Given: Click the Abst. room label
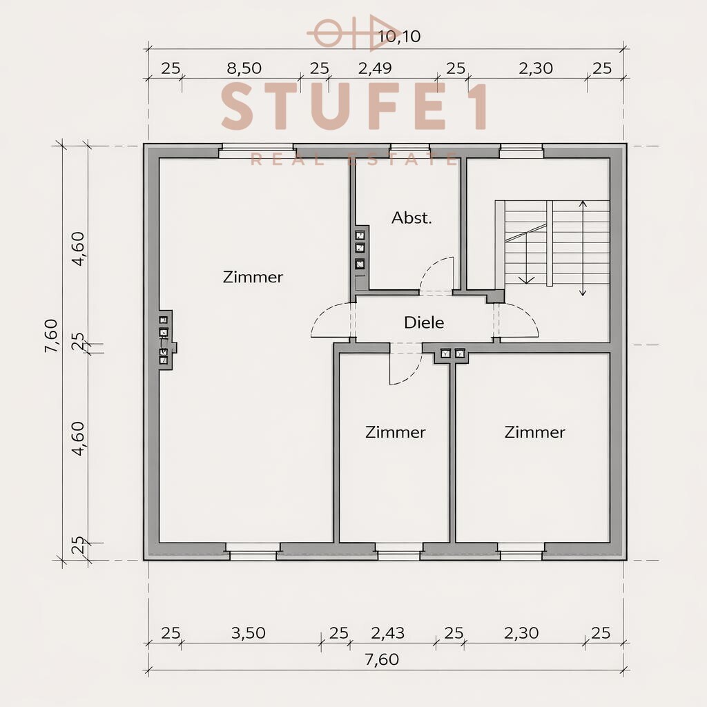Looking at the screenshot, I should coord(411,218).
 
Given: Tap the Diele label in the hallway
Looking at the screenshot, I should coord(424,322).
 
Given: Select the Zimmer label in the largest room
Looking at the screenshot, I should coord(253,277).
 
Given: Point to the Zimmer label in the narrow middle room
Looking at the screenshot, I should coord(395,432).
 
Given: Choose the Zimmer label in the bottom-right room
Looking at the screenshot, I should coord(534,432).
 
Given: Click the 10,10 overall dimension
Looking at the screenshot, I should coord(400,37).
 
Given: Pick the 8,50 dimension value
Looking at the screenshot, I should coord(244,68).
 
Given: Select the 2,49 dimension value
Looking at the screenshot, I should coord(375,68).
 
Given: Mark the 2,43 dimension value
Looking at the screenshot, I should coord(388,633).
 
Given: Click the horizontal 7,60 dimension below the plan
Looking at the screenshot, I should coord(380,659).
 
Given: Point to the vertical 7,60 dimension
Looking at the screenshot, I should coord(52,336).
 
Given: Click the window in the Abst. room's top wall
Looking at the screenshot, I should coord(409,148).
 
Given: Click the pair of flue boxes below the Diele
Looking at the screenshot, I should coord(452,354).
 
